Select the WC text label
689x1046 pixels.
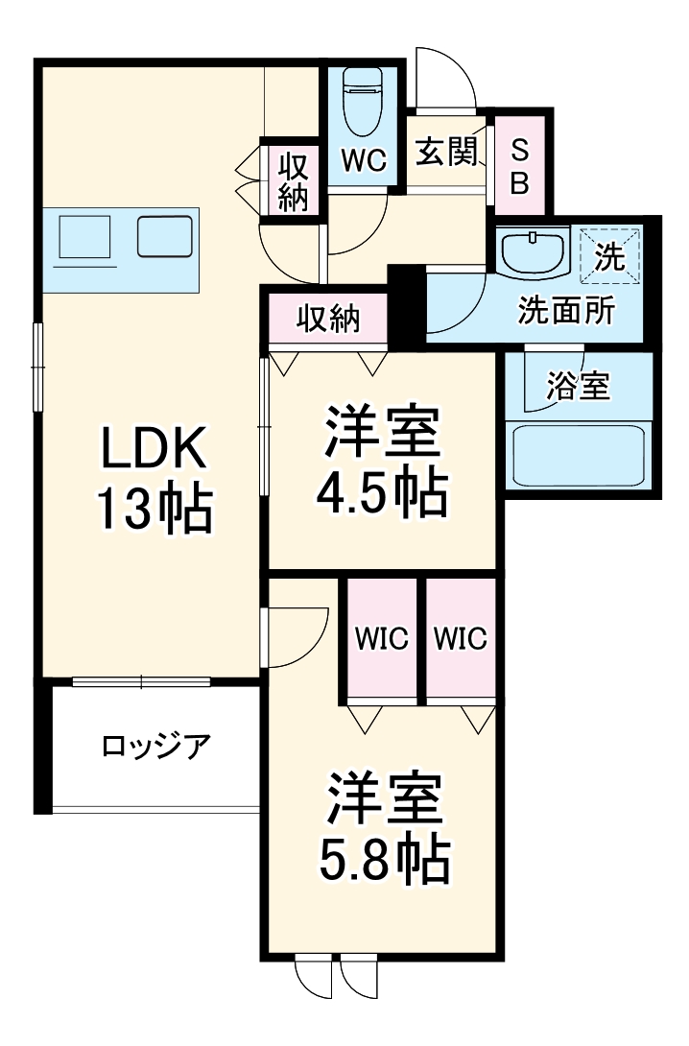364,161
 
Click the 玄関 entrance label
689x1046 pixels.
446,152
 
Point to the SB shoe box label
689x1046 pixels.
518,165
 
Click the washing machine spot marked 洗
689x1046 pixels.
606,255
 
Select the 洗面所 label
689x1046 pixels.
566,311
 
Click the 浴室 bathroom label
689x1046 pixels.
578,387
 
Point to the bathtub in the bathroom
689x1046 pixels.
578,456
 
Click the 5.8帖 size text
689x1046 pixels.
383,861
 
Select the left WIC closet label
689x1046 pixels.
382,637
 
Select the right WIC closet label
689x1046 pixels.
460,637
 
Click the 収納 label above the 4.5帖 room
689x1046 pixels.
327,318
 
